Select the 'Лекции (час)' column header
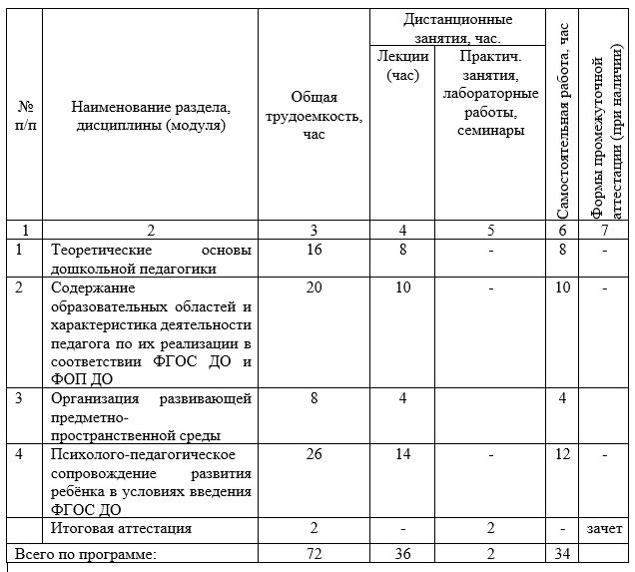coord(402,65)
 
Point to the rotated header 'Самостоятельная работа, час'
coord(563,120)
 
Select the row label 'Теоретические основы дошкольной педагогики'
coord(151,259)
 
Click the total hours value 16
coord(315,250)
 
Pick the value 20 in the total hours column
coord(315,287)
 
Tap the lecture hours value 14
coord(403,454)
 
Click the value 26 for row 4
coord(315,454)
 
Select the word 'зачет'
coord(605,528)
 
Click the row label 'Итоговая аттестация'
coord(121,528)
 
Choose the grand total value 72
coord(315,552)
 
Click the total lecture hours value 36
coord(403,552)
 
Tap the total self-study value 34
coord(563,552)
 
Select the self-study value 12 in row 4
coord(563,454)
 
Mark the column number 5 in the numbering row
coord(490,230)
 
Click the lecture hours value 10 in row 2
coord(403,287)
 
